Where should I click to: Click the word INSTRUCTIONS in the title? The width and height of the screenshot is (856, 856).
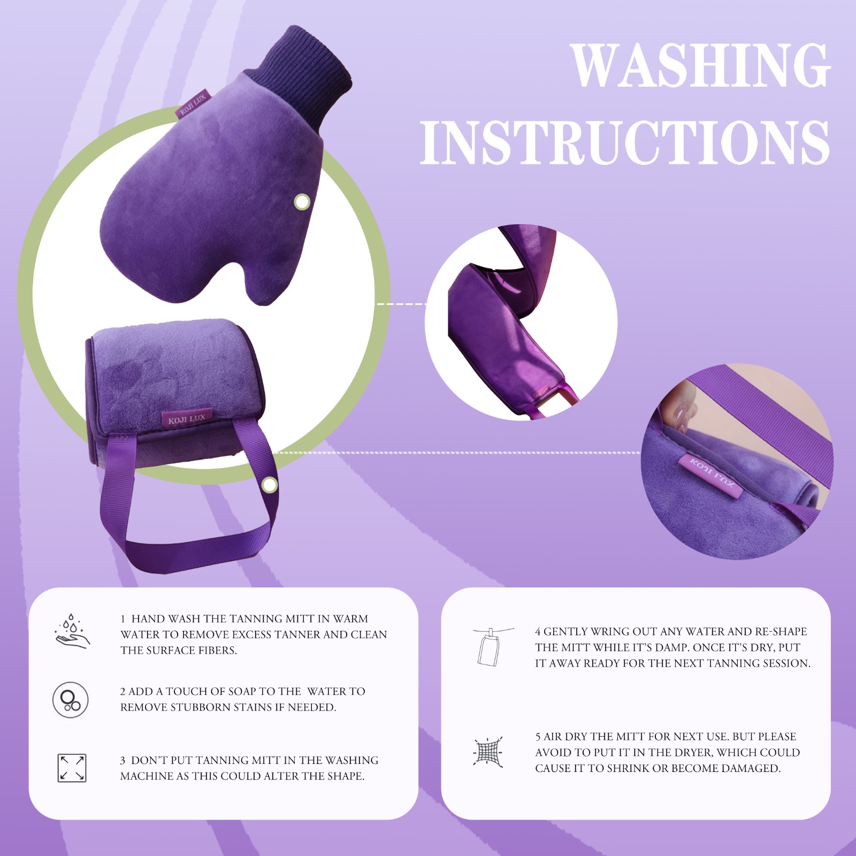(625, 142)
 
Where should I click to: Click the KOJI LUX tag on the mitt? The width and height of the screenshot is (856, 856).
(192, 104)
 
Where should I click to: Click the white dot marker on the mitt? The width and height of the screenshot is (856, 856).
(302, 202)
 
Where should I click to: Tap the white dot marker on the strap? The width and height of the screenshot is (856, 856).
(270, 485)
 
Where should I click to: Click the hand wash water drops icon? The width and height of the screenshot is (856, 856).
(72, 632)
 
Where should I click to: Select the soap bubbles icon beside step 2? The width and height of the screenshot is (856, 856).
(70, 700)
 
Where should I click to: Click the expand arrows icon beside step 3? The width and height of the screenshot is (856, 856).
(72, 768)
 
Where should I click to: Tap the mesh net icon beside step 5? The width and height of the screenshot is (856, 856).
(488, 751)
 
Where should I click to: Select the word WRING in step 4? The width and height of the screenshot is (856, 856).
(608, 631)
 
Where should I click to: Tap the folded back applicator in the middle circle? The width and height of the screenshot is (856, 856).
(514, 321)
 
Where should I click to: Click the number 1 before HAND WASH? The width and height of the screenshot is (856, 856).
(123, 619)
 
